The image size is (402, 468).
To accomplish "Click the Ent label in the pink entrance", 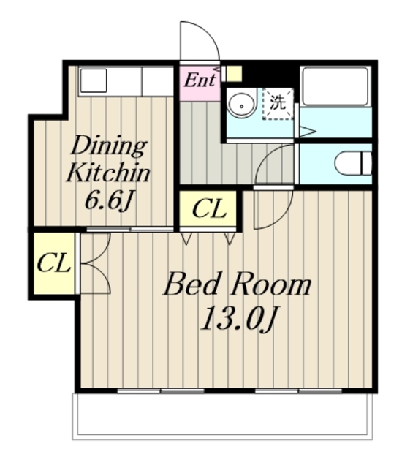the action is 200,80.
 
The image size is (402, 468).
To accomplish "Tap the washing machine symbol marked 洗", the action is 278,103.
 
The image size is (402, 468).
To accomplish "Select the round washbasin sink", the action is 241,105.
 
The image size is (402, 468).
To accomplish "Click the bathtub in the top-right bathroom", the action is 335,86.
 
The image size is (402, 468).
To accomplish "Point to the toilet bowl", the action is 353,163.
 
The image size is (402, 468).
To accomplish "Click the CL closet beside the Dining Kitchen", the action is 208,209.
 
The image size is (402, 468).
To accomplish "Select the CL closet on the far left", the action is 53,263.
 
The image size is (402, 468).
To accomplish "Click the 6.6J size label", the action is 109,200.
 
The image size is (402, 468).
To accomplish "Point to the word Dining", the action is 109,146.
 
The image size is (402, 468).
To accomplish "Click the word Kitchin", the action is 108,173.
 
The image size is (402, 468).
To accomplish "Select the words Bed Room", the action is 238,284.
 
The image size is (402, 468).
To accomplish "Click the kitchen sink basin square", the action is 94,80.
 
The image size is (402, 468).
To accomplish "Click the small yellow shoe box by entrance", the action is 234,73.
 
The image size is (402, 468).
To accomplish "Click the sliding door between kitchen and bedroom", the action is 130,229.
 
